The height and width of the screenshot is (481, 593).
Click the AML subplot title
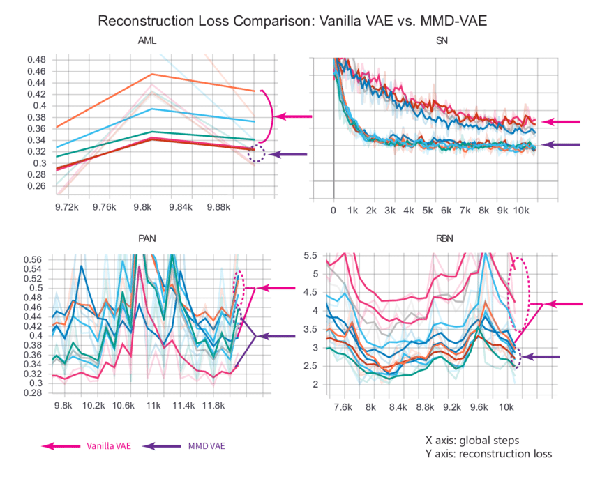click(147, 41)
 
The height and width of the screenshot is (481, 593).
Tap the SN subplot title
click(442, 41)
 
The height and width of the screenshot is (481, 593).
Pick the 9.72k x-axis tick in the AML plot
click(66, 207)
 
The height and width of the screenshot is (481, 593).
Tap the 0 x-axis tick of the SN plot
click(333, 210)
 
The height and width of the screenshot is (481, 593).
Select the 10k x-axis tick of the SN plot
click(520, 210)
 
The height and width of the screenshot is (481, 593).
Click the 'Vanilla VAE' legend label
click(107, 445)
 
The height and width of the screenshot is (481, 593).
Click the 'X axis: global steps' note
click(472, 441)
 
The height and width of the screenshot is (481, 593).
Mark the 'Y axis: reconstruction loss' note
click(488, 454)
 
